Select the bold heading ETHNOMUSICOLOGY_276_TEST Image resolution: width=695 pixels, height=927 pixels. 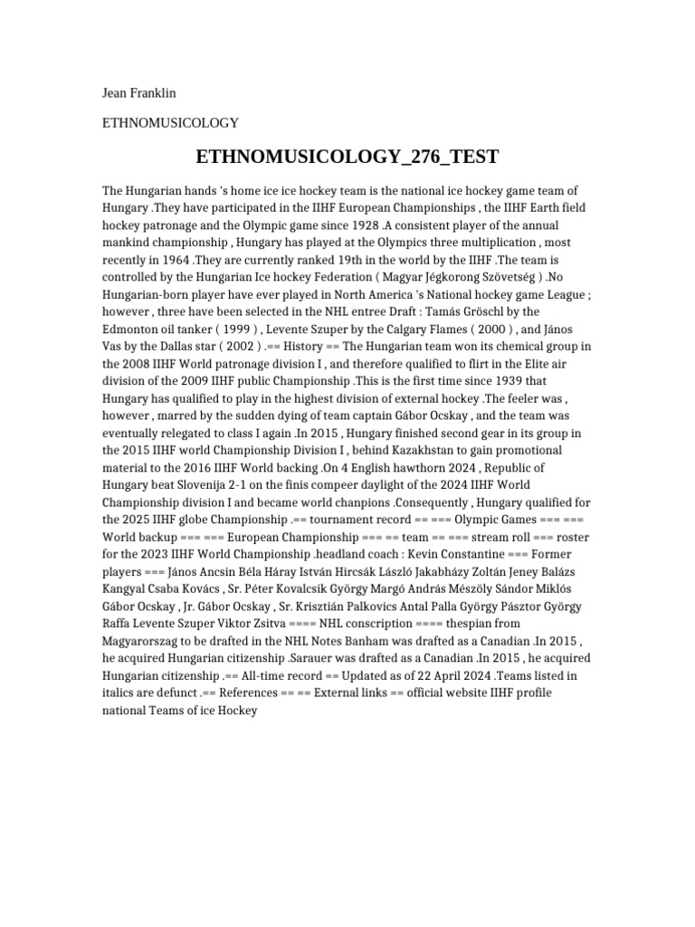(x=347, y=157)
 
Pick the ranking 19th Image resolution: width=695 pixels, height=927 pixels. (x=318, y=259)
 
